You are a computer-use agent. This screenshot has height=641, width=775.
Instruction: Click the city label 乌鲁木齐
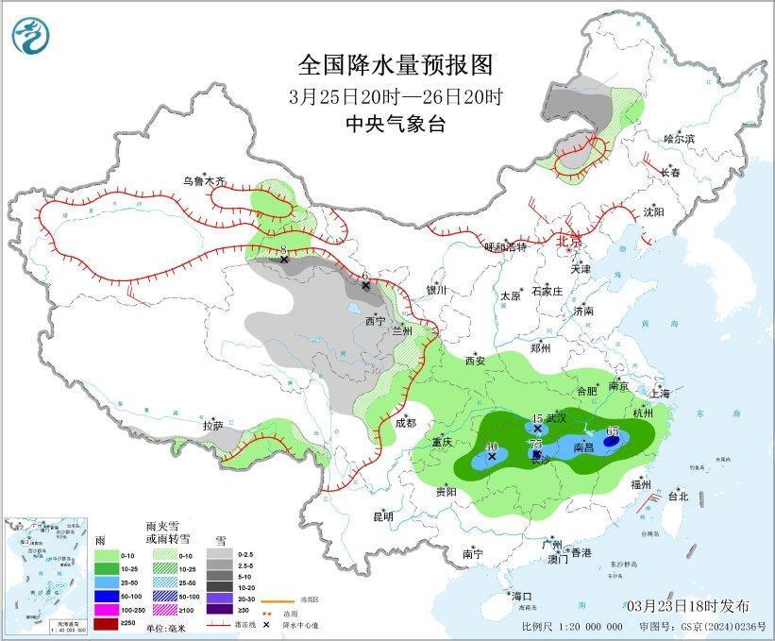coord(205,180)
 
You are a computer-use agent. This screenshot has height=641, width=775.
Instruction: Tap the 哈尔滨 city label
coord(678,139)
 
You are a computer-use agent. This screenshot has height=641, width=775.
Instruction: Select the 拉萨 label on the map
coord(212,426)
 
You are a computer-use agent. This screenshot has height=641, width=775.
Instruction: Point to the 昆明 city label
coord(382,516)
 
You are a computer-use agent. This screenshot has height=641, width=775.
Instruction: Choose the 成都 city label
coord(406,424)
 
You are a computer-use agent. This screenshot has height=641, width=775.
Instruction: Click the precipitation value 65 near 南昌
coord(613,430)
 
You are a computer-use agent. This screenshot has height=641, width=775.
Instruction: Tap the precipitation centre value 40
coord(491,446)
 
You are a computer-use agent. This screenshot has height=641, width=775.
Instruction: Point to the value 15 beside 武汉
coord(538,418)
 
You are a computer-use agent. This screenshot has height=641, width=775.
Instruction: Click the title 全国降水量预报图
coord(396,64)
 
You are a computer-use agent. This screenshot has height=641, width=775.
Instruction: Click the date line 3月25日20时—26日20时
coord(396,95)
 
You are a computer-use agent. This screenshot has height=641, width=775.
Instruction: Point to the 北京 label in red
coord(569,240)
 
